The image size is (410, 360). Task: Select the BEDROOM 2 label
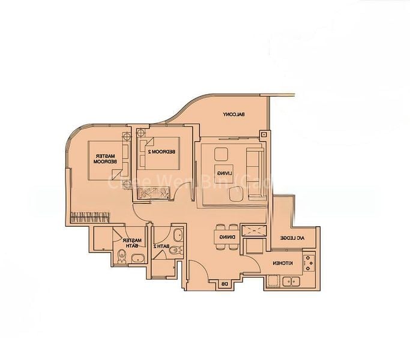161,152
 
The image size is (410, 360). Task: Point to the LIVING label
226,173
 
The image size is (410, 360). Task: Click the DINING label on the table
227,238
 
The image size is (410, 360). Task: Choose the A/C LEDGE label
294,238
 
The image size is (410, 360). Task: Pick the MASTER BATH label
131,242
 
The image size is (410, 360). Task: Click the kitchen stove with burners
310,262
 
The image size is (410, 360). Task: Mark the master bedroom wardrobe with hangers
90,217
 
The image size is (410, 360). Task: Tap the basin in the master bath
137,259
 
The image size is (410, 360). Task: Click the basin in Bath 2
178,235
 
